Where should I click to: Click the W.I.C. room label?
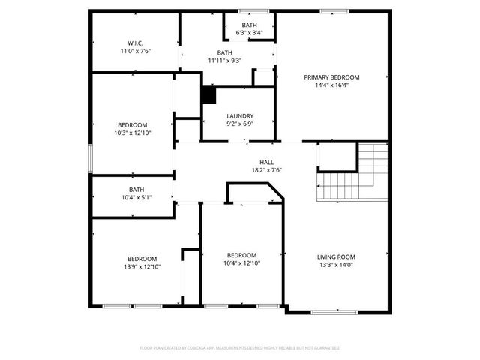coord(135,43)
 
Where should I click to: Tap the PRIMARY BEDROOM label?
coord(331,77)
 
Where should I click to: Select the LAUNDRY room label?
coord(240,115)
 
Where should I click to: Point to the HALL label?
coord(266,162)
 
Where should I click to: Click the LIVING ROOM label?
coord(336,256)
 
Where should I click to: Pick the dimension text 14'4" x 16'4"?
coord(331,85)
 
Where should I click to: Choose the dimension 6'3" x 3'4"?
coord(249,33)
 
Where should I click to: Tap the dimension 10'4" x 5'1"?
coord(136,198)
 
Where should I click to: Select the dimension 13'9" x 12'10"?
coord(142,266)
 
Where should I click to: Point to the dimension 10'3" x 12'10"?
coord(133,133)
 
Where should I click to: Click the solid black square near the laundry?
coord(208,96)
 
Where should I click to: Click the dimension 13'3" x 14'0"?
coord(336,264)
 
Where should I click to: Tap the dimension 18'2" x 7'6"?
coord(266,170)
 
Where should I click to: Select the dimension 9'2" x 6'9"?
coord(240,124)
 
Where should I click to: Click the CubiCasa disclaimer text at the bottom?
coord(240,348)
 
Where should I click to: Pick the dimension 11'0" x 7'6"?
coord(135,51)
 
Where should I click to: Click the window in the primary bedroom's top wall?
coord(331,10)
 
